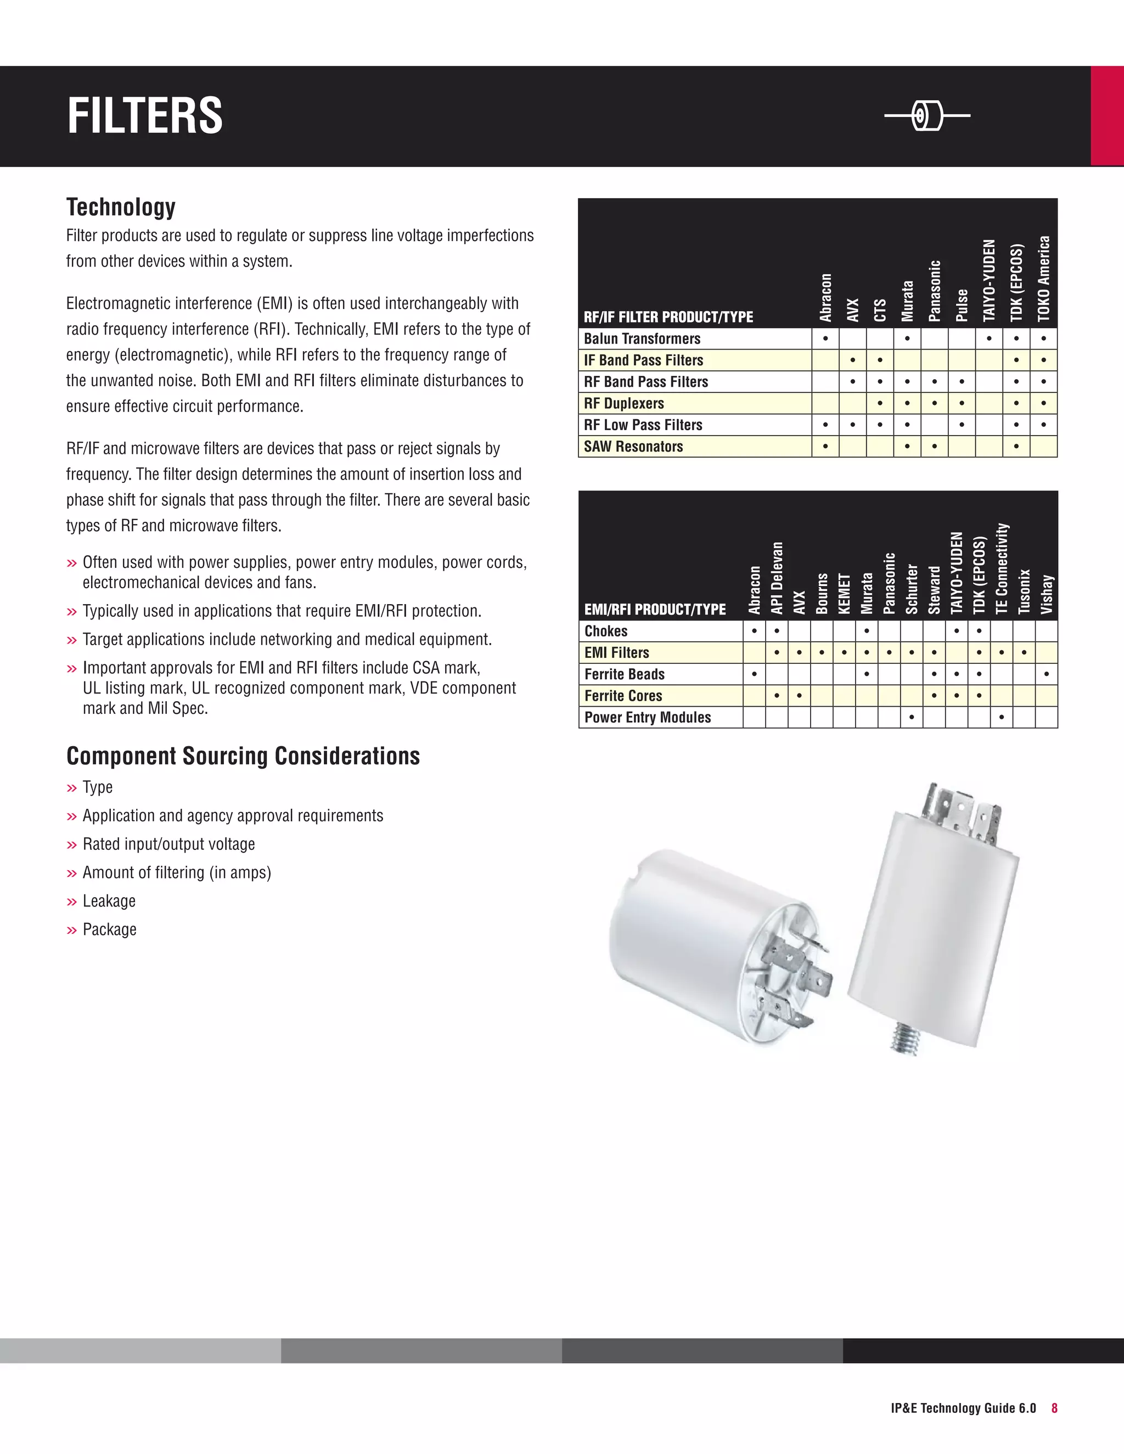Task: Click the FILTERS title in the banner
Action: (145, 116)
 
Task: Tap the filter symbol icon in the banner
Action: (927, 116)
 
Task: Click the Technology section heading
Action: (121, 207)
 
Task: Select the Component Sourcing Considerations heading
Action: (243, 756)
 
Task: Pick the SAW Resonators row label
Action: (633, 447)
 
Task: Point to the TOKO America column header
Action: (1043, 278)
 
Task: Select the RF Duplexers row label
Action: (624, 403)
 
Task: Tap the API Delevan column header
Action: (777, 578)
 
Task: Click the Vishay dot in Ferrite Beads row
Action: (1047, 674)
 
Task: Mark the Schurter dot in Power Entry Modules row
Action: (912, 718)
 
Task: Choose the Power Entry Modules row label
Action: (647, 718)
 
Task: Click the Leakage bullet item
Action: (109, 901)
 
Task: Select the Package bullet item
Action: (109, 929)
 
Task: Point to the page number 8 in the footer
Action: (1055, 1408)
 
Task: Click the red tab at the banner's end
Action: (1106, 116)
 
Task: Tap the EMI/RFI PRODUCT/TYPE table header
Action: (655, 609)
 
